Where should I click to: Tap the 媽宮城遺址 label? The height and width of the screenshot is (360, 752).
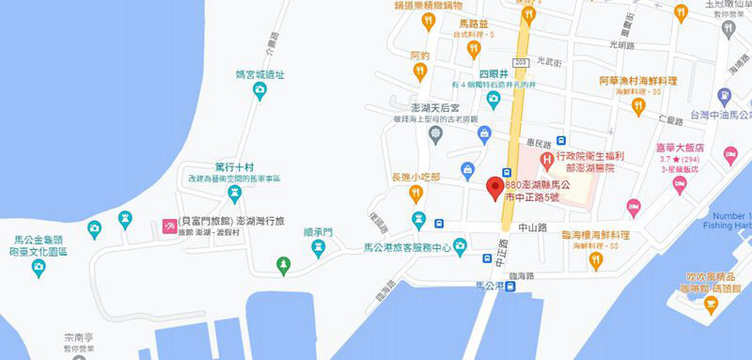[x=259, y=74]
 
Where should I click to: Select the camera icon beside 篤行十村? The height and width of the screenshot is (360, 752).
[x=235, y=195]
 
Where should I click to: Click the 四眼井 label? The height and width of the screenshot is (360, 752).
[x=493, y=72]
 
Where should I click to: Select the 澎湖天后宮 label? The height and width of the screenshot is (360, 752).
[x=433, y=112]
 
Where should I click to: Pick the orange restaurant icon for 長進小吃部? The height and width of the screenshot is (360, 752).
[x=415, y=195]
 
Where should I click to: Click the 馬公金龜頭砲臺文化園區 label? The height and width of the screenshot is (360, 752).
[x=38, y=246]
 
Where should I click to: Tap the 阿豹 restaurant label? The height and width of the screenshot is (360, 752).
[x=419, y=55]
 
